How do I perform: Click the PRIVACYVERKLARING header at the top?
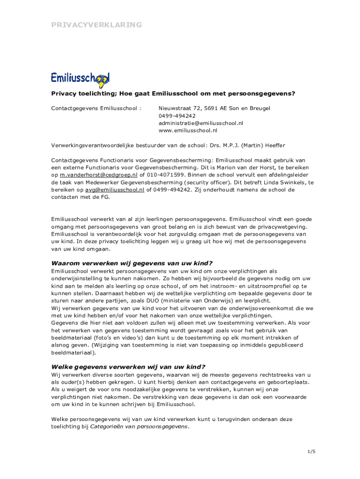pos(96,25)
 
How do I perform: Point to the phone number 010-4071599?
pos(166,175)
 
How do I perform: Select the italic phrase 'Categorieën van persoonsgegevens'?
pos(139,427)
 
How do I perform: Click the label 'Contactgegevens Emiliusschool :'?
pos(96,108)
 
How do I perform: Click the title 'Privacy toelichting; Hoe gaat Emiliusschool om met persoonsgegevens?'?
pos(173,94)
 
